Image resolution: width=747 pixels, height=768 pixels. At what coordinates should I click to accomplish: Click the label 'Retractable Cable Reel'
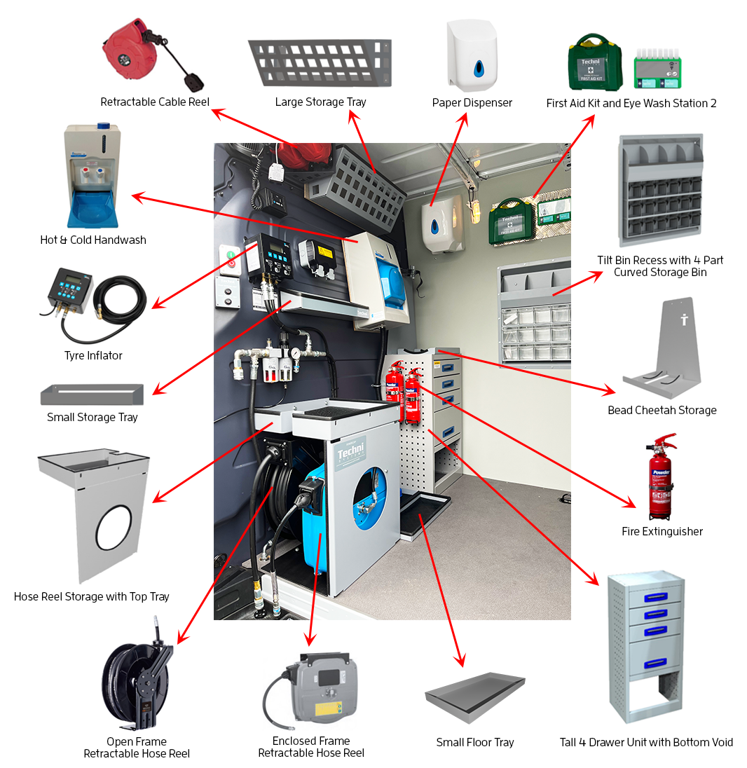tap(155, 102)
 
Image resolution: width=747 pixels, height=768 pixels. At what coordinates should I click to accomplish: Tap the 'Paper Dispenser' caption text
tap(472, 102)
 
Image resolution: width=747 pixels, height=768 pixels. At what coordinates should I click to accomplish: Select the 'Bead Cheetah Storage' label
tap(662, 410)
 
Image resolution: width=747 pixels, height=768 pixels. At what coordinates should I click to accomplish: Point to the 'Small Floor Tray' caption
tap(474, 742)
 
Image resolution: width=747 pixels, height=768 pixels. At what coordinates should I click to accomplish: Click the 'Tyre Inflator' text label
tap(93, 355)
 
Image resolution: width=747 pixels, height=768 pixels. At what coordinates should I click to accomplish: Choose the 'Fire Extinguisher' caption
tap(662, 531)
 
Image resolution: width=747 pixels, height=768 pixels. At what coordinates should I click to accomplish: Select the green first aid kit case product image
tap(594, 63)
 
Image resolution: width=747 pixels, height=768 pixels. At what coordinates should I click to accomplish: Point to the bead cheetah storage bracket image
tap(662, 350)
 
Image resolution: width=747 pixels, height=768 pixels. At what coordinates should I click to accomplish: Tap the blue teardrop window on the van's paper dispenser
tap(436, 226)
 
